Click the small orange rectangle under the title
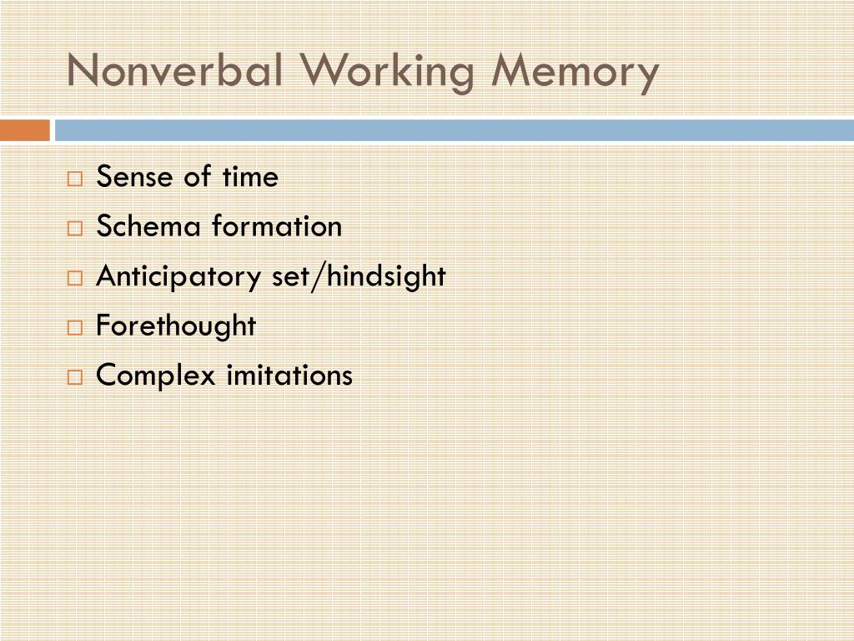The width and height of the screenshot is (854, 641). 25,131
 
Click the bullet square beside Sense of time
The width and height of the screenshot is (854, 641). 75,179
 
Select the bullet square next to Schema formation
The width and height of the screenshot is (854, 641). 75,228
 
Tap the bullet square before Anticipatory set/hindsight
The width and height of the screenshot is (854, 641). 75,278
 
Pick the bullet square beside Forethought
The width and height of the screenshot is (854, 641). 75,327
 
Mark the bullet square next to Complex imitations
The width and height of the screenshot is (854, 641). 75,376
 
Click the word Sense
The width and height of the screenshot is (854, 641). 129,177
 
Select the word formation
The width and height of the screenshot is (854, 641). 277,226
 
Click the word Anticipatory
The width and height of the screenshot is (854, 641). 180,276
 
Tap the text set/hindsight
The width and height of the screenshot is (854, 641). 359,276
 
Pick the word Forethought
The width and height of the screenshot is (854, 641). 176,326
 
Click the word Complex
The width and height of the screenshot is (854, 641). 156,376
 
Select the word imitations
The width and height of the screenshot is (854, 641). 289,375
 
